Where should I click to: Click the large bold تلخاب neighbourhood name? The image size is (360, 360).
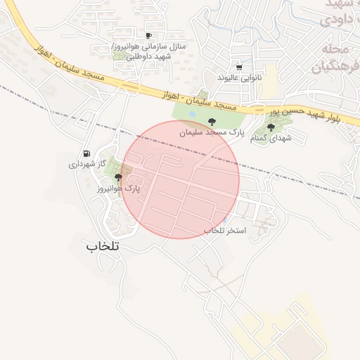coord(103,247)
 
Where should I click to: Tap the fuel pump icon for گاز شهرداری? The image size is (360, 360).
coord(86,153)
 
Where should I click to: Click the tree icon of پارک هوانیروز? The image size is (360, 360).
coord(118,178)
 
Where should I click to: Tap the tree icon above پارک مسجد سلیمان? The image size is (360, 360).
coord(212,121)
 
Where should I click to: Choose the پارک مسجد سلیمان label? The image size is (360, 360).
coord(212,131)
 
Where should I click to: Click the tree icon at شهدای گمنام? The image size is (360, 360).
coord(271,127)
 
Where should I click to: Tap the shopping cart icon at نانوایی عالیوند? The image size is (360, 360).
coord(240,67)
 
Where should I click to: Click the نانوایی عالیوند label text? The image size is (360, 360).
coord(240,77)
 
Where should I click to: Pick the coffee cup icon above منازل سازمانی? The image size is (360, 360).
coord(148,35)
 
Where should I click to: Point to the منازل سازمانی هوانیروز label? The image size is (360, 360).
coord(149,46)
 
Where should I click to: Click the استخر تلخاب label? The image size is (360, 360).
coord(225,231)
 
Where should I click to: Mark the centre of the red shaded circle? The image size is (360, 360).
coord(180,179)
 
